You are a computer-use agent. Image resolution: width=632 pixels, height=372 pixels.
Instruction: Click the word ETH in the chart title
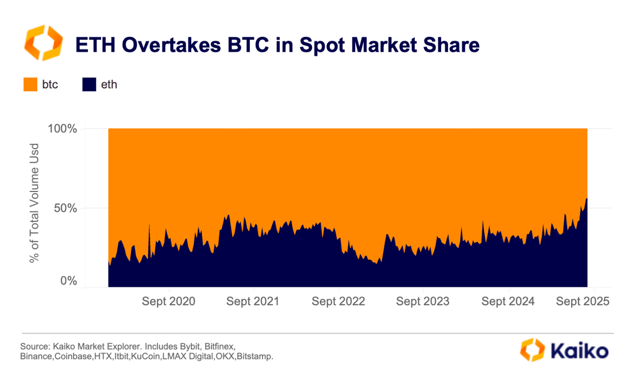point(94,44)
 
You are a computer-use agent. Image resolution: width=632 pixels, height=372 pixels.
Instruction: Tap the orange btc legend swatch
point(30,85)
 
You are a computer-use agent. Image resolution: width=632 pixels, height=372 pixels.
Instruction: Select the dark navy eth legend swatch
point(89,85)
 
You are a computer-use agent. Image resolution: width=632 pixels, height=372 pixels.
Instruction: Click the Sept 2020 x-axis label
point(168,301)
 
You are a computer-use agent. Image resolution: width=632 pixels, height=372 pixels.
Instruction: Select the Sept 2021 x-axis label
point(253,301)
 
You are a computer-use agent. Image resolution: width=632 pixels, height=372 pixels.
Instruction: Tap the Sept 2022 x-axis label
point(338,301)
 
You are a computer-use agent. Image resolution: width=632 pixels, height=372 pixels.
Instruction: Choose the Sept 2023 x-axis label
point(423,301)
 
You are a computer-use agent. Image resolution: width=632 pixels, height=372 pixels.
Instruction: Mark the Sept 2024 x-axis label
point(508,301)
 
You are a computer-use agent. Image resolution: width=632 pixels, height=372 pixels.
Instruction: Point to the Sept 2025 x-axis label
point(583,301)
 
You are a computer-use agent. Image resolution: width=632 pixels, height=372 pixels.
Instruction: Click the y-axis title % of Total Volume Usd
point(34,203)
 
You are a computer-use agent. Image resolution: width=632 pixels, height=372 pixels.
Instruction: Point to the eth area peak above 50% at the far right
point(587,199)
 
